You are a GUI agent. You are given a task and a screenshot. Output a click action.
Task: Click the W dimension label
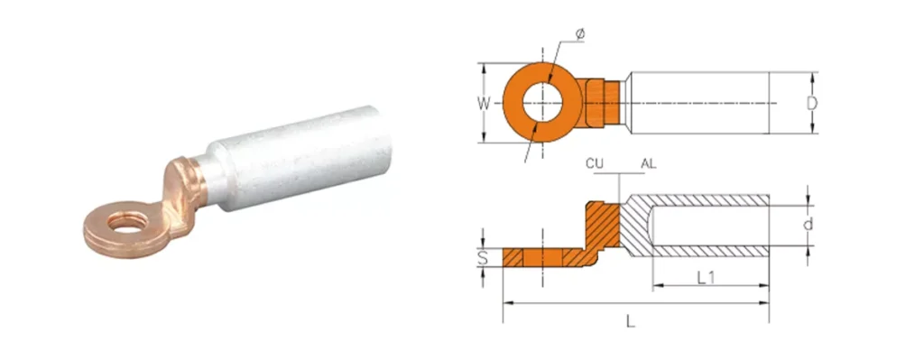pos(484,105)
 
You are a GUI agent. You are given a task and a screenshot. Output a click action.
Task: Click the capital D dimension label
pos(811,104)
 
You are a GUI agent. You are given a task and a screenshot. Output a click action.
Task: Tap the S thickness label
pos(484,257)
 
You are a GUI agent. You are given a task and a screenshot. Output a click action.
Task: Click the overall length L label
pos(630,322)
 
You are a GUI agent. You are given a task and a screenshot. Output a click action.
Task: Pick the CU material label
pos(594,164)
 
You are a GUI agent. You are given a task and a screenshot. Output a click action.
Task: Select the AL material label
pos(648,164)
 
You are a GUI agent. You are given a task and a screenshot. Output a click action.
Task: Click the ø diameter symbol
pos(580,35)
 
